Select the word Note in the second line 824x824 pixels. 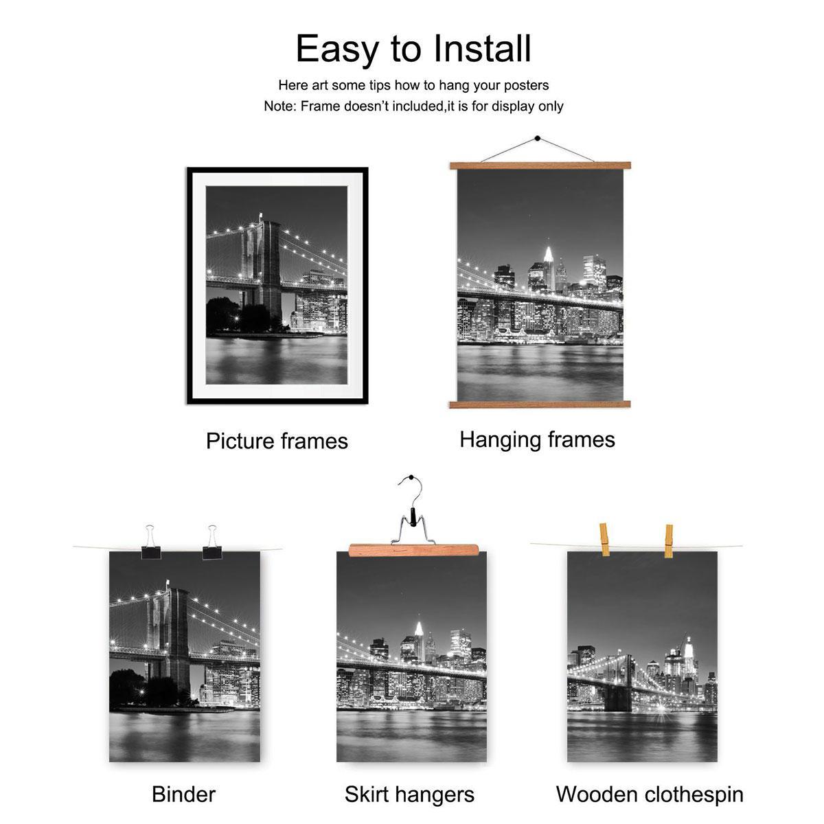coord(278,106)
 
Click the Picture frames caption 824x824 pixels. coord(277,441)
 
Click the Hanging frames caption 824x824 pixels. coord(537,439)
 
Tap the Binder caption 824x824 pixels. coord(183,794)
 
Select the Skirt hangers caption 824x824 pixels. coord(409,794)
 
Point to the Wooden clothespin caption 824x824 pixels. coord(649,794)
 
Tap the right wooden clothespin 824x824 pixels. coord(668,540)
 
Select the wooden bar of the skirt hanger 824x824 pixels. coord(413,549)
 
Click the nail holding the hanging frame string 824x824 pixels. coord(537,140)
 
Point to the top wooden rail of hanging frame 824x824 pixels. coord(540,165)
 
